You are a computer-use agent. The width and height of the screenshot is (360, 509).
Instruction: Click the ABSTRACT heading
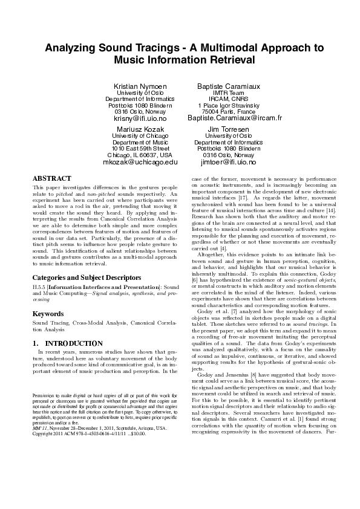[51, 179]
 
